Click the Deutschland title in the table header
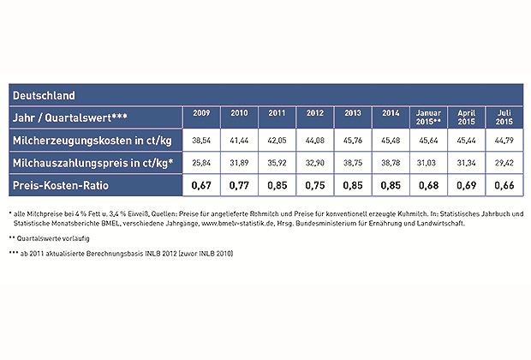[x=44, y=94]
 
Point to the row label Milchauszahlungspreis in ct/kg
[x=87, y=161]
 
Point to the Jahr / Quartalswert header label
[x=68, y=116]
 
